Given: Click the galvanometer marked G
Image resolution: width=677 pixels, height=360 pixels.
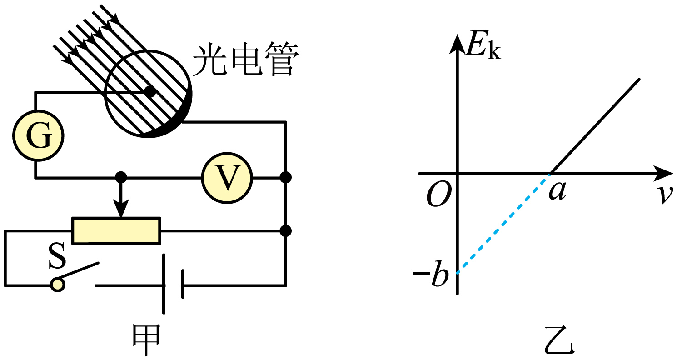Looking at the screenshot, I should (x=38, y=135).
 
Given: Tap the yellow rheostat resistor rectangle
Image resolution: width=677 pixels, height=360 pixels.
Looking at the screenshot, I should (x=116, y=231).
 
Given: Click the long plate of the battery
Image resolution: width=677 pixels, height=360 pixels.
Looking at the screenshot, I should (x=164, y=285).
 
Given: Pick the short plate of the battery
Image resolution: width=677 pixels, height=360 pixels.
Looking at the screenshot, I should (x=183, y=285).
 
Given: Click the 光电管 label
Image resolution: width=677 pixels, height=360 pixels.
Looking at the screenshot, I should (x=245, y=59).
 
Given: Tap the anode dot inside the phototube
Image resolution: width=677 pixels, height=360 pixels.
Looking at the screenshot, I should (x=149, y=92).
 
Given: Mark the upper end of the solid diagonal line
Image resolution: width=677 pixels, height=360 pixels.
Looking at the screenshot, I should (x=638, y=80).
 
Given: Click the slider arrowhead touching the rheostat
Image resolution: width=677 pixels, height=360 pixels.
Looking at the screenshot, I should (x=120, y=210).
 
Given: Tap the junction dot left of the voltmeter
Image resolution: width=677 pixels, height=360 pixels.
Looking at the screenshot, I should (x=120, y=177).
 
